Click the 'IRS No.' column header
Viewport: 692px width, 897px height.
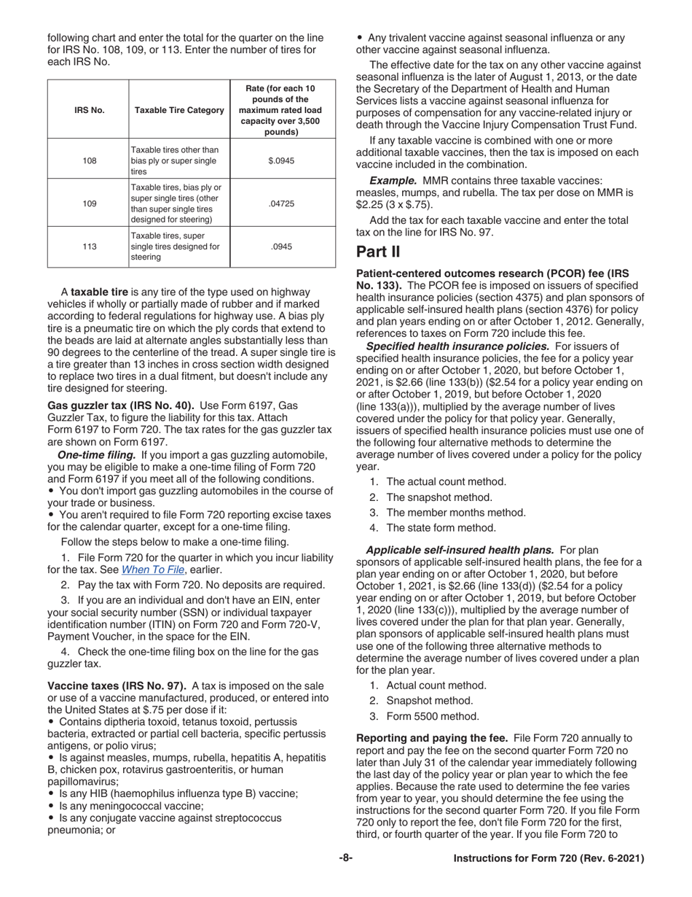tap(89, 110)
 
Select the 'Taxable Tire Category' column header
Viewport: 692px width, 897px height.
tap(178, 110)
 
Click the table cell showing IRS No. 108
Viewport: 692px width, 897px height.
tap(89, 160)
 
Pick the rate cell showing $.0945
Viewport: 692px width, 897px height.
tap(281, 160)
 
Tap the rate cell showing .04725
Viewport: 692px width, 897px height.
tap(281, 204)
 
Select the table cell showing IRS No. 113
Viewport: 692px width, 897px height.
tap(89, 246)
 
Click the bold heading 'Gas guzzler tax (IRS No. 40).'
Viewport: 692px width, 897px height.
tap(121, 405)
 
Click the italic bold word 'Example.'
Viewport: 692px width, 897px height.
tap(393, 180)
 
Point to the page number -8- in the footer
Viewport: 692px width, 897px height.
tap(346, 858)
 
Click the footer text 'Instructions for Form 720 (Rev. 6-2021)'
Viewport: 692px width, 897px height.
tap(549, 859)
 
